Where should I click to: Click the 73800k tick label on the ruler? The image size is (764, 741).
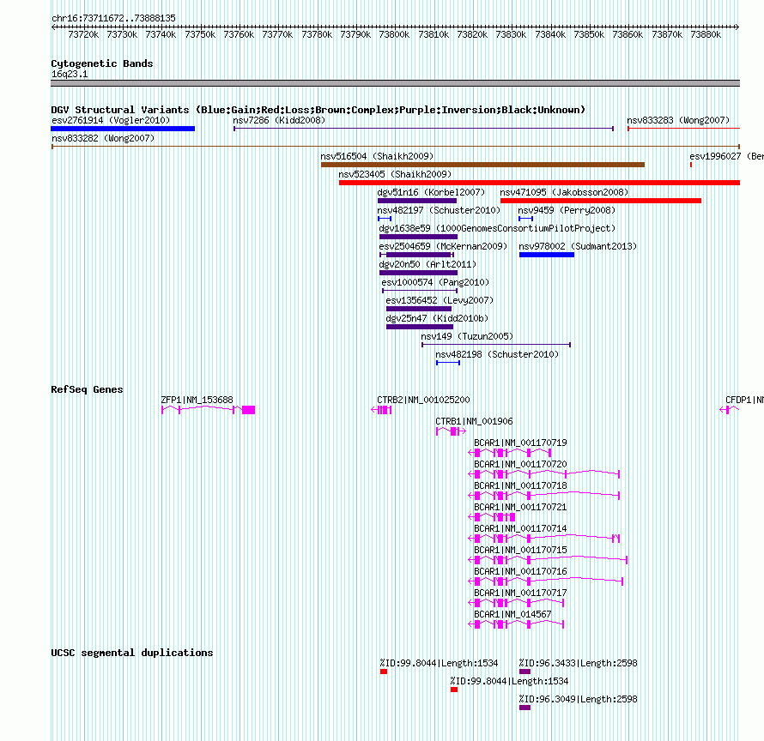[x=394, y=34]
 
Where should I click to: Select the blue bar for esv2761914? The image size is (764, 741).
[x=123, y=129]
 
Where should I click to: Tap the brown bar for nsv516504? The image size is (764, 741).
[x=482, y=165]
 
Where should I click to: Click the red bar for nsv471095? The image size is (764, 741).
[x=600, y=201]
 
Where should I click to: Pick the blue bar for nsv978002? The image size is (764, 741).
[x=547, y=255]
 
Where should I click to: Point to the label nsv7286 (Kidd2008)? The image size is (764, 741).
[x=279, y=120]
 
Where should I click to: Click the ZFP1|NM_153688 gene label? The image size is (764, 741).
[x=197, y=400]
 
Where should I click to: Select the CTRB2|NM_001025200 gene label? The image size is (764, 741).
[x=423, y=400]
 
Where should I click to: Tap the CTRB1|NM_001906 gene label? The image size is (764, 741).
[x=474, y=421]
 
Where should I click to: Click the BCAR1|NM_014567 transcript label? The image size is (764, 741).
[x=512, y=614]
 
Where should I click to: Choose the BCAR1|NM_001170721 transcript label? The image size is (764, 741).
[x=520, y=508]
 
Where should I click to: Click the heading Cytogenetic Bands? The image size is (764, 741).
[x=102, y=63]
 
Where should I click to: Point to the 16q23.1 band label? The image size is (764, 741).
[x=70, y=74]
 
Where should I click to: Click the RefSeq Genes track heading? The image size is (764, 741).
[x=87, y=389]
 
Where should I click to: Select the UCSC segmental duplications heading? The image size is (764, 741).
[x=131, y=653]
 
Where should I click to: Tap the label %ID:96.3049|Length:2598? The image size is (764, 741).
[x=578, y=699]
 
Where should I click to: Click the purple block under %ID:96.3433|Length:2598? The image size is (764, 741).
[x=524, y=672]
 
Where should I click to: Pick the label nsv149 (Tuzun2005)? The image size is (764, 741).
[x=467, y=336]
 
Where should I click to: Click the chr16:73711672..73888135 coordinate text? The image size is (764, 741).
[x=113, y=18]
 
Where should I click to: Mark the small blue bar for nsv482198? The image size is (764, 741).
[x=448, y=363]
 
